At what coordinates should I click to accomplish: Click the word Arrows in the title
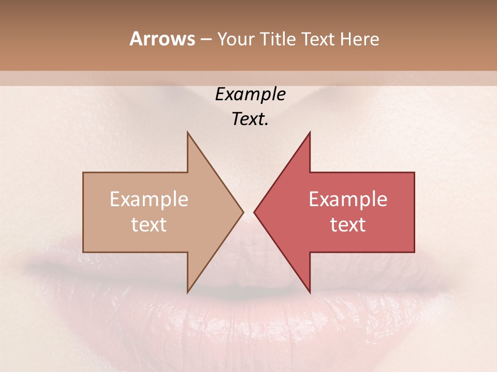coord(162,39)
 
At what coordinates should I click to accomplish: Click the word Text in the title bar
coord(320,39)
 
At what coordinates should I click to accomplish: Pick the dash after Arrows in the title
coord(206,39)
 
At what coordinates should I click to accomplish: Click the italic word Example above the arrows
coord(251,95)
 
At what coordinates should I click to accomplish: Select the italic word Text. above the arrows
coord(251,119)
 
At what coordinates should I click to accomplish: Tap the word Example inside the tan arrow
coord(149,199)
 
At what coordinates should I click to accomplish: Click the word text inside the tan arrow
coord(149,224)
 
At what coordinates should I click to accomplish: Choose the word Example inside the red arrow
coord(348,199)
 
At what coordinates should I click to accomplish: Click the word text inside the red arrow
coord(348,224)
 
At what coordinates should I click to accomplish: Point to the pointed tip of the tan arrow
coord(243,212)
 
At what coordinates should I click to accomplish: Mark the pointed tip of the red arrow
coord(255,212)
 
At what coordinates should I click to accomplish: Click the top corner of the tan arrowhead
coord(188,133)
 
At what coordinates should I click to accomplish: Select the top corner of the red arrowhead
coord(310,133)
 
